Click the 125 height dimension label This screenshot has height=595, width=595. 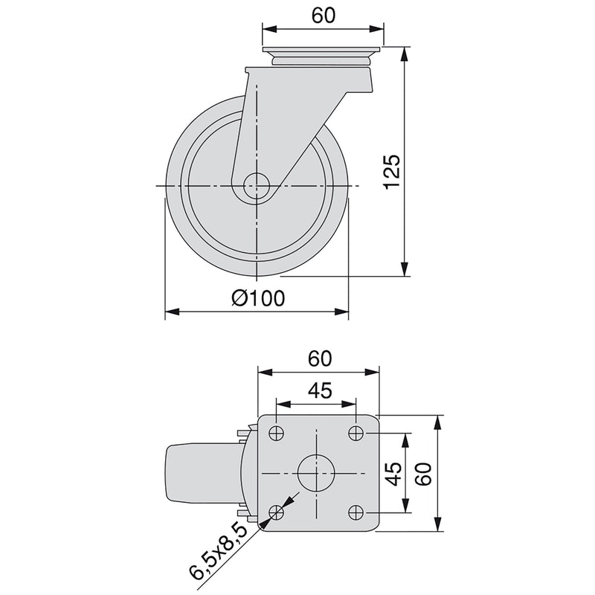394,170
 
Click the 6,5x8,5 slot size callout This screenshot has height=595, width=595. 218,551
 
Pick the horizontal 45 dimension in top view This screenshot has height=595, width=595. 316,391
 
